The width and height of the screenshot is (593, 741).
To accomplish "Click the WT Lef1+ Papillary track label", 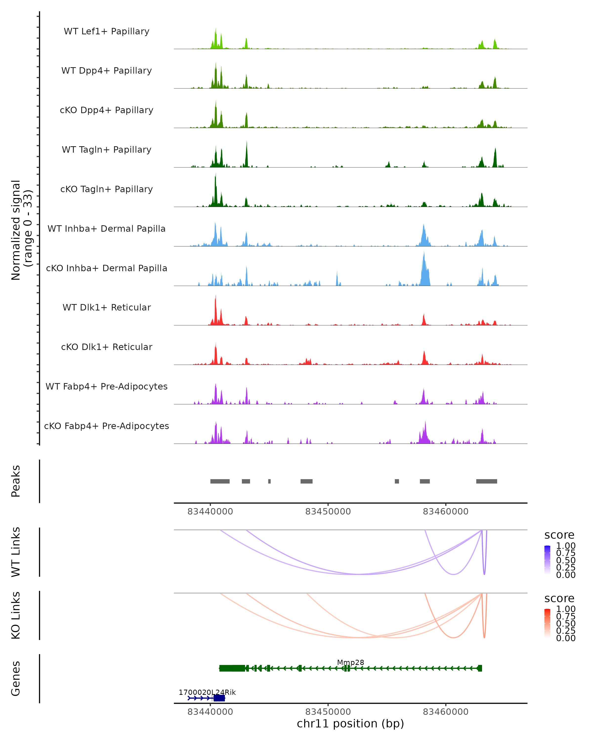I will [106, 31].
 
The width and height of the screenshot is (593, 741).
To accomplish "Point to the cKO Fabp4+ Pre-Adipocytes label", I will [106, 426].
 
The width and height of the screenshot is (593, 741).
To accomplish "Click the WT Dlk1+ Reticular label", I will [106, 307].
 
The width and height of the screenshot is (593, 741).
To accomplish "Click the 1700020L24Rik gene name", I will [207, 692].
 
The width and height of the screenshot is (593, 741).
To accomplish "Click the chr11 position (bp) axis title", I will [350, 723].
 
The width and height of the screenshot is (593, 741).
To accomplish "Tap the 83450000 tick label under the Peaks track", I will [328, 512].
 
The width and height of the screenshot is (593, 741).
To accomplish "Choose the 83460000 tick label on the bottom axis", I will [445, 712].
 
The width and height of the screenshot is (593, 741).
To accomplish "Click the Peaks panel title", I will [16, 481].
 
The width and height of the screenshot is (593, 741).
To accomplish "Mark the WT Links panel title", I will [16, 552].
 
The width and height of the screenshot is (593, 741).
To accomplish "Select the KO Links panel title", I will [16, 615].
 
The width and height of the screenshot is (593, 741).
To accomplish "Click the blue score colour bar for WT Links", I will [547, 560].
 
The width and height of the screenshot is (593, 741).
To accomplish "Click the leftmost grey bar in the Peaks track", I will [220, 481].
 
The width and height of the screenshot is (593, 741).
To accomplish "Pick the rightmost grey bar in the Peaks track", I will [487, 481].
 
